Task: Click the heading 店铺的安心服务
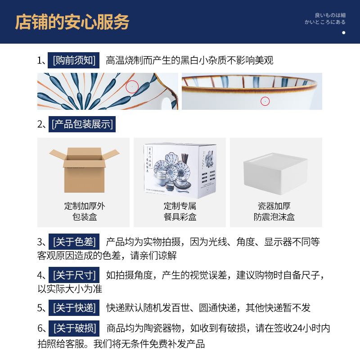point(72,22)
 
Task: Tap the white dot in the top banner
point(344,32)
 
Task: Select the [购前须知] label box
point(74,60)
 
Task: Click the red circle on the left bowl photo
point(132,87)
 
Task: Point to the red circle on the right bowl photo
point(265,101)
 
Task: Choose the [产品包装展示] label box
point(82,124)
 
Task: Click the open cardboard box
point(84,167)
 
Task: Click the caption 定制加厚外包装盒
point(84,211)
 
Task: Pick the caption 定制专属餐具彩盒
point(180,211)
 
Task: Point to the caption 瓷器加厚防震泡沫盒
point(274,211)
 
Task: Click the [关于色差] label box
point(74,242)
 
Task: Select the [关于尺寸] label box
point(74,275)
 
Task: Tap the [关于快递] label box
point(74,308)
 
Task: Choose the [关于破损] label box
point(74,328)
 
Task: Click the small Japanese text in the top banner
point(325,18)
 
